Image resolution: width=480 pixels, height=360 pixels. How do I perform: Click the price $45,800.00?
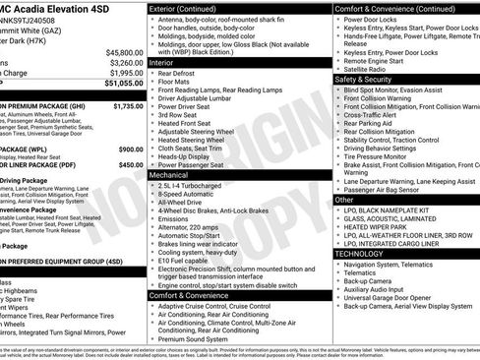(x=123, y=51)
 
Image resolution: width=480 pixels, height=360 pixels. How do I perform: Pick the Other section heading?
(x=344, y=200)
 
